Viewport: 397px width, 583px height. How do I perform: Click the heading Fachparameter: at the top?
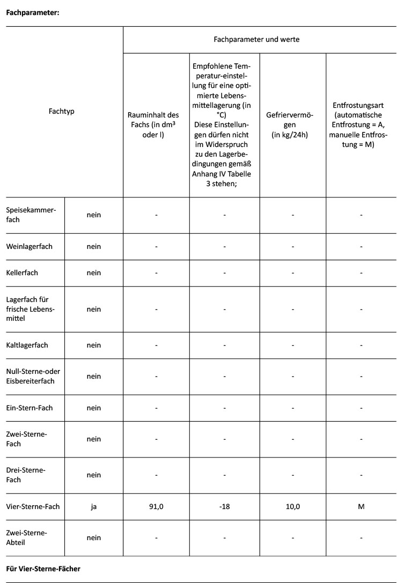click(x=32, y=13)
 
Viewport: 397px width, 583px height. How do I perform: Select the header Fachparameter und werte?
click(x=256, y=39)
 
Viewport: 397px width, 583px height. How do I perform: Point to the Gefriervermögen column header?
click(x=293, y=124)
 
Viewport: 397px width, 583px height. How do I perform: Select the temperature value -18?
click(x=225, y=506)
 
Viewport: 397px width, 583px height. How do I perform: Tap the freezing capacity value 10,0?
click(x=293, y=506)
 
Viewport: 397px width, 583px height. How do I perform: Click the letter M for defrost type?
click(x=361, y=506)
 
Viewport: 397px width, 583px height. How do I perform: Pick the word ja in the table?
click(x=94, y=506)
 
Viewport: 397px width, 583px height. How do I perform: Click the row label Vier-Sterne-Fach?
click(x=33, y=506)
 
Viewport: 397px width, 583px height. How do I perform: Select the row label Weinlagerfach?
click(x=30, y=247)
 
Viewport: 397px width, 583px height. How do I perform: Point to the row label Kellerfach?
click(x=22, y=272)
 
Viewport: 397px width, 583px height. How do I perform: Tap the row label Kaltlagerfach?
click(x=27, y=345)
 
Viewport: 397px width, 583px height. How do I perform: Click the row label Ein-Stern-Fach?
click(x=29, y=408)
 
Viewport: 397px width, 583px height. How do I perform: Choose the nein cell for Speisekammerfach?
click(x=94, y=215)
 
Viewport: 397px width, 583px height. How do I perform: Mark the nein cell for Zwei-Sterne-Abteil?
click(x=94, y=537)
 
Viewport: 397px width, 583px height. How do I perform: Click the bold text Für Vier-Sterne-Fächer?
click(x=43, y=569)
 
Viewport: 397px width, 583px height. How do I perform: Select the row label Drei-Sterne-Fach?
click(x=26, y=475)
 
